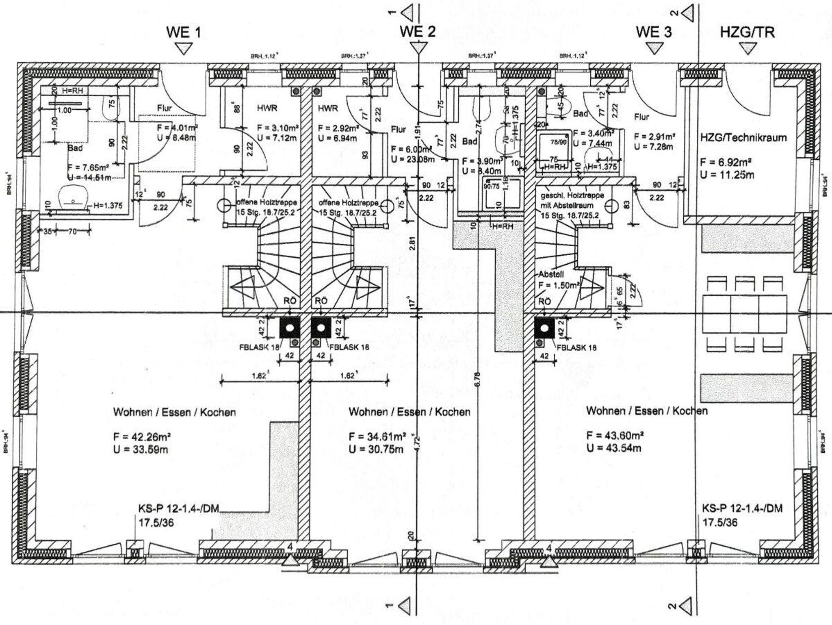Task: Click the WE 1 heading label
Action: point(183,33)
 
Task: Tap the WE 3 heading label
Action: point(654,32)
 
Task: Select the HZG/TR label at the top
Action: point(747,32)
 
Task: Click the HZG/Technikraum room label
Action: point(743,137)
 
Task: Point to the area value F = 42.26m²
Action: point(142,437)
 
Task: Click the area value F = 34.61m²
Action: point(377,437)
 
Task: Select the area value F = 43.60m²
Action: point(615,436)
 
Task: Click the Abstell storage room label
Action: point(551,274)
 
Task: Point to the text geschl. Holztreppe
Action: point(572,195)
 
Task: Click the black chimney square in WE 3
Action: point(544,328)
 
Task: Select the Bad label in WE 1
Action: point(75,148)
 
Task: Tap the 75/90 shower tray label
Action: point(558,142)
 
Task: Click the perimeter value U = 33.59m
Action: point(141,449)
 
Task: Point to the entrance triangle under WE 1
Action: point(184,49)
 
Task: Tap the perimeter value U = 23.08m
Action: point(413,159)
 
